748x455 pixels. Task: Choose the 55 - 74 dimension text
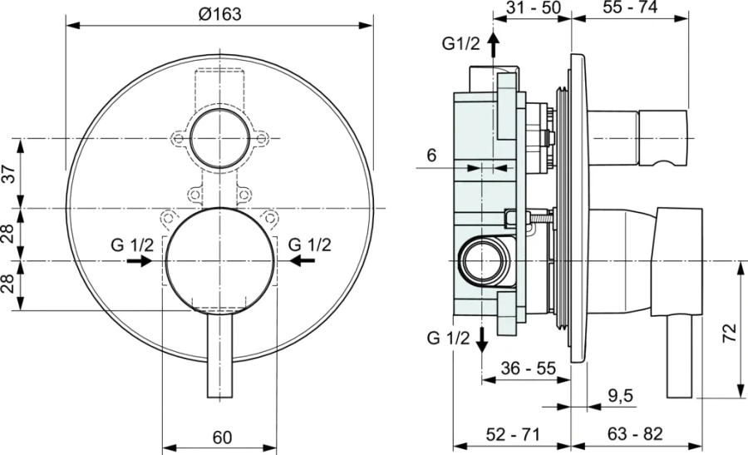630,9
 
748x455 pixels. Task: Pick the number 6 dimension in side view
431,154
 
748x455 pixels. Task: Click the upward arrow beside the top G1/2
493,43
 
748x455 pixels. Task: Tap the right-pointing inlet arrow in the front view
139,260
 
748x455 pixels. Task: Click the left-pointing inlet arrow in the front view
303,260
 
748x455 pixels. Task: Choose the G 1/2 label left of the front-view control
132,245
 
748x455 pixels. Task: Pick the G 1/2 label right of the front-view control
309,245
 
